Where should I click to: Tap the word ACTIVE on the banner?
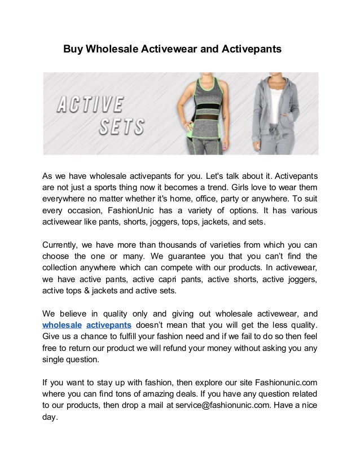click(90, 105)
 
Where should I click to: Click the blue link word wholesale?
click(63, 325)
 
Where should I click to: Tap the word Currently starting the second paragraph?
click(62, 245)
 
